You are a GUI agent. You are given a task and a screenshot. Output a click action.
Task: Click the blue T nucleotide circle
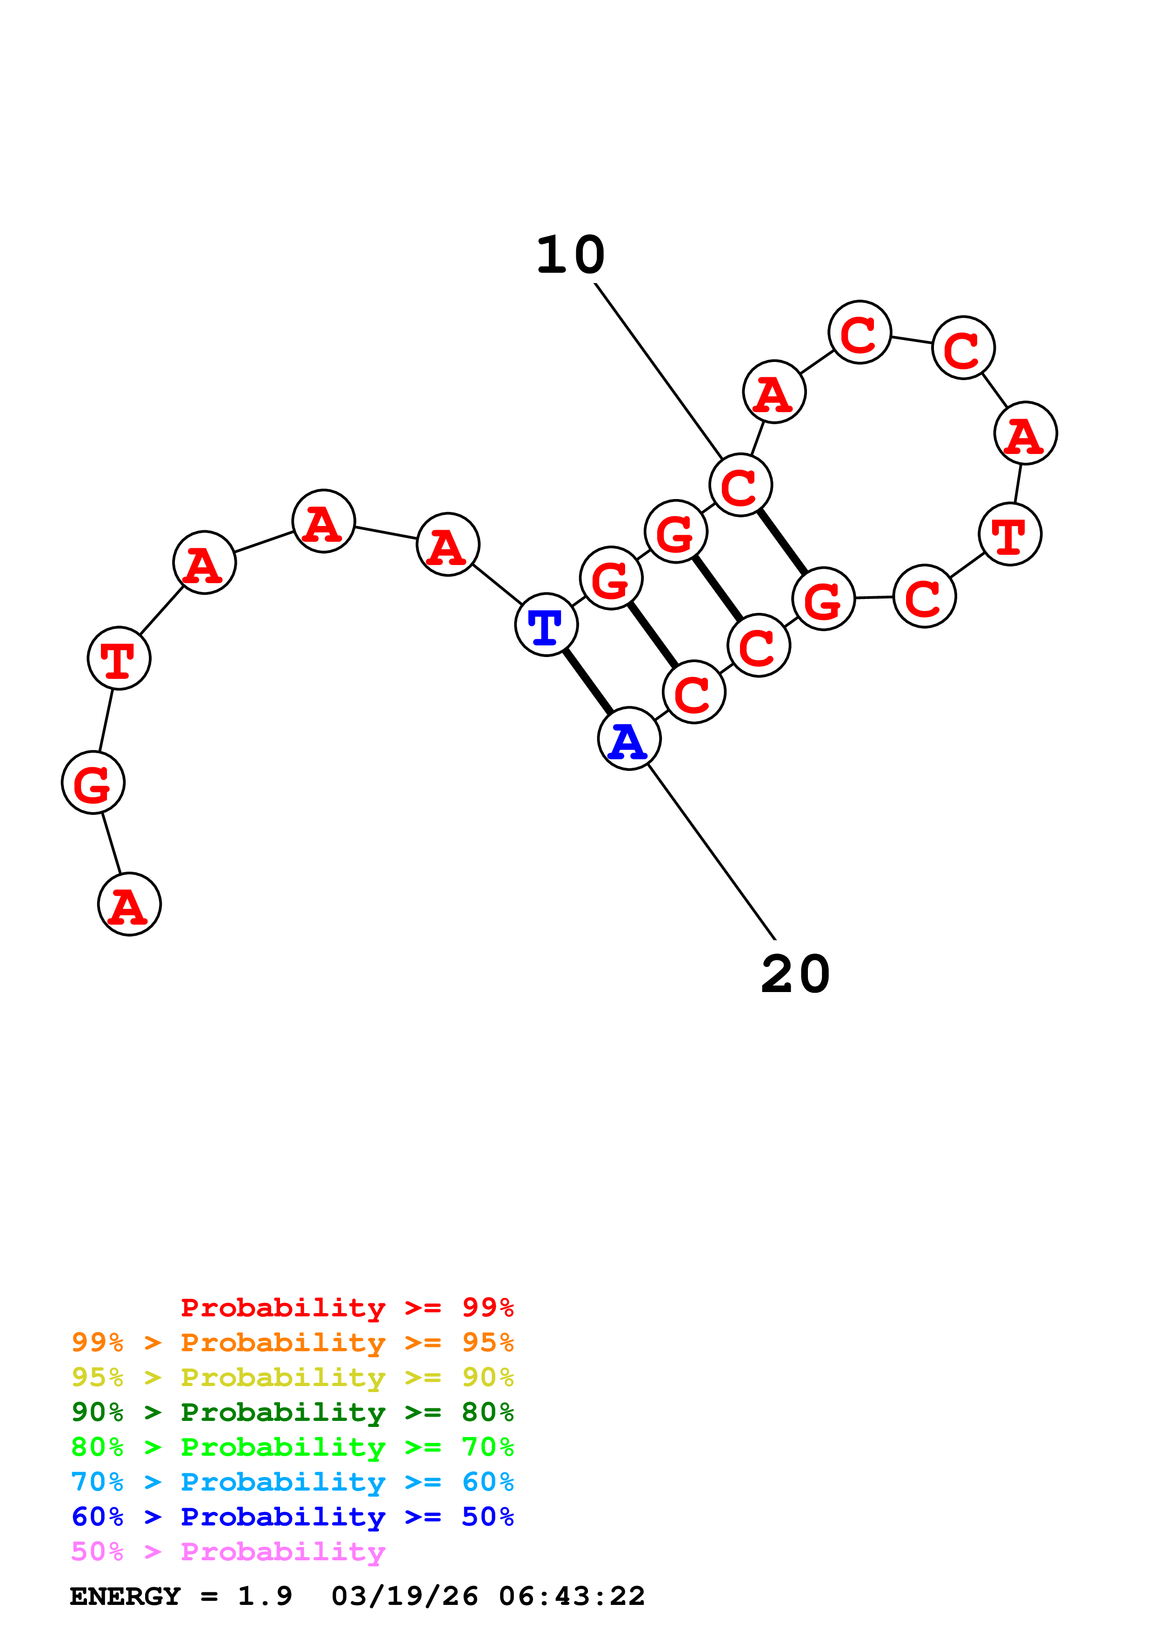pos(546,625)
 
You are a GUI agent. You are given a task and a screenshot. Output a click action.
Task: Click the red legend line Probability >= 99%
pos(347,1308)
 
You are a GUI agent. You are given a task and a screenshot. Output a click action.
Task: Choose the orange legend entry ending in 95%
pos(292,1342)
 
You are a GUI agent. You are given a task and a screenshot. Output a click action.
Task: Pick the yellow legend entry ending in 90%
pos(292,1377)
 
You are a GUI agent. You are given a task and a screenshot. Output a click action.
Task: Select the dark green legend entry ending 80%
pos(292,1412)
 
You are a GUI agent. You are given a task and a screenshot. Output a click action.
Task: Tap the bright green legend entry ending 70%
pos(292,1447)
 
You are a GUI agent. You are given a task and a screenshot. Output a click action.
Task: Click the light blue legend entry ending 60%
pos(292,1482)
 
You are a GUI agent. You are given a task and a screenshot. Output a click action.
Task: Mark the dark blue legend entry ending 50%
pos(292,1517)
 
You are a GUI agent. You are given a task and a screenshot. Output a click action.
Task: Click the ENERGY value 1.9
pos(264,1596)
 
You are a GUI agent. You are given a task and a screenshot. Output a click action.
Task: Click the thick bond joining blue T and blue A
pos(587,682)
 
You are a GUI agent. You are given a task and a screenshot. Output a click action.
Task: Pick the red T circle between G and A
pos(119,658)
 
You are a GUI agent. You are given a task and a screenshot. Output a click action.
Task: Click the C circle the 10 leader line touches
pos(740,485)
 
